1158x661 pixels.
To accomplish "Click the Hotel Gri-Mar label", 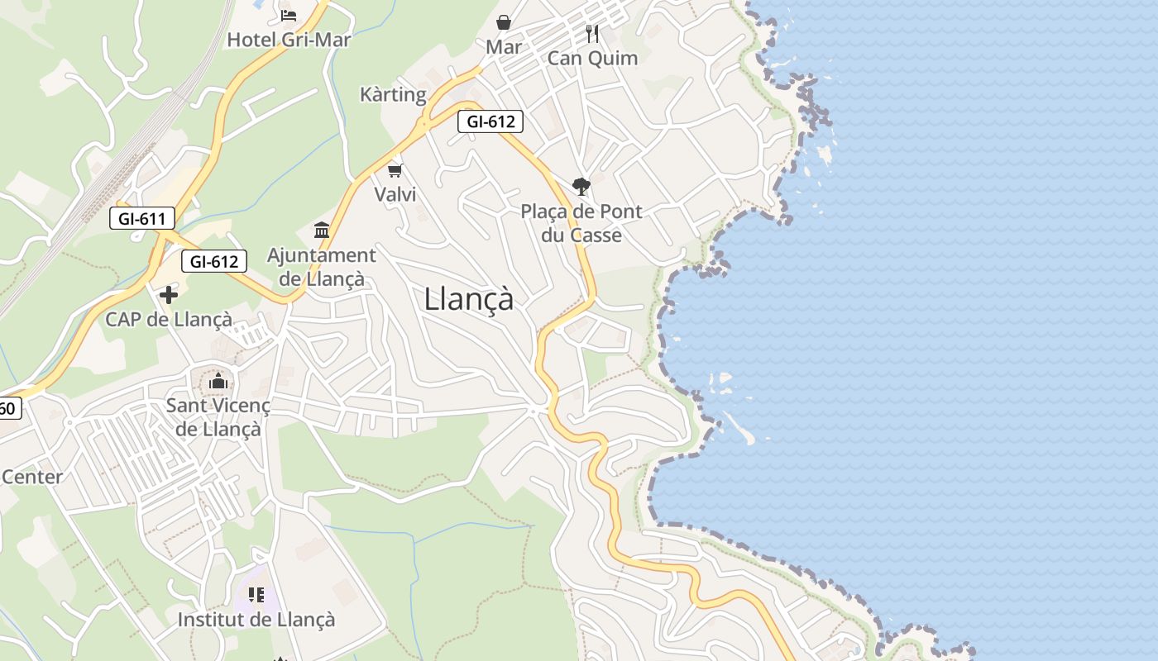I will point(289,40).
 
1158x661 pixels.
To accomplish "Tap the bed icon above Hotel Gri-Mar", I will point(288,15).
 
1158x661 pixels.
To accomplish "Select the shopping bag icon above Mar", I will point(503,22).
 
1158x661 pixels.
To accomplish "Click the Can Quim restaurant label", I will point(592,58).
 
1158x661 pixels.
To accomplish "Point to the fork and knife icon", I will point(591,33).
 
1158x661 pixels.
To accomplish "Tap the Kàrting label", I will point(393,94).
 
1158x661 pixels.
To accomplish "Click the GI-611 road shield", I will point(142,219).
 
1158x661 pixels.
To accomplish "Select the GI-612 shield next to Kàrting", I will point(490,121).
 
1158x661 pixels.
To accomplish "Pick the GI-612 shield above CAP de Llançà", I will point(214,262).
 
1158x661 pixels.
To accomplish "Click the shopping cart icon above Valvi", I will point(395,170).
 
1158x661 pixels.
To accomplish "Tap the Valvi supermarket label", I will point(395,194).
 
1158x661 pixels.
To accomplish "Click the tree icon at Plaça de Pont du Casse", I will point(581,187).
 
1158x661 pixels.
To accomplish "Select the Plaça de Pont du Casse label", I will point(581,223).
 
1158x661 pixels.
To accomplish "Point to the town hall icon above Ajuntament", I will point(322,230).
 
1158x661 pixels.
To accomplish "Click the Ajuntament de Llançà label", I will point(321,266).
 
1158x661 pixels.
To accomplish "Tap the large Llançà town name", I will point(468,298).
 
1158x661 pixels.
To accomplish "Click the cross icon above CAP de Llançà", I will point(169,295).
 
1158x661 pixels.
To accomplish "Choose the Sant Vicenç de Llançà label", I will point(218,416).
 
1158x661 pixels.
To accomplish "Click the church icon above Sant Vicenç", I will point(218,381).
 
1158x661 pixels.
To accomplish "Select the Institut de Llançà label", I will point(256,619).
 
